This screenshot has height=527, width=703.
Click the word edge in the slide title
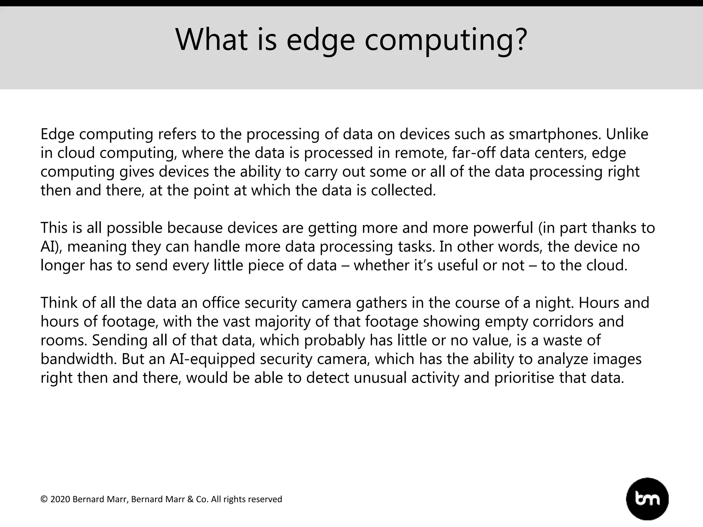click(320, 40)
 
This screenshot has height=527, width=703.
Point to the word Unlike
click(627, 134)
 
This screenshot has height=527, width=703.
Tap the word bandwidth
click(79, 359)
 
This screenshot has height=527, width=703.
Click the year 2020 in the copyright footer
click(60, 499)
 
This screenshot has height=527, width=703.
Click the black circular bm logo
click(647, 499)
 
